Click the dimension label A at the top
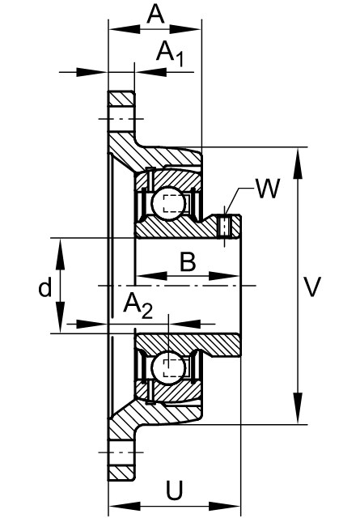pos(155,15)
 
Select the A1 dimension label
pos(170,53)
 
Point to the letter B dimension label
pos(188,261)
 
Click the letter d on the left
pos(45,287)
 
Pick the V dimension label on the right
pos(312,287)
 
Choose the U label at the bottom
pos(174,490)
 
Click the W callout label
pos(268,189)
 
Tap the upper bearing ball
pos(168,202)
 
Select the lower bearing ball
pos(168,367)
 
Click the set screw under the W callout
pos(225,226)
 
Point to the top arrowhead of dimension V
pos(298,163)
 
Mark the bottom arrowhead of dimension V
pos(298,408)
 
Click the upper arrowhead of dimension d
pos(60,253)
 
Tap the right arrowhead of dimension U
pos(225,506)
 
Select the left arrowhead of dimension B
pos(151,276)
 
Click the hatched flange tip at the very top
pos(121,99)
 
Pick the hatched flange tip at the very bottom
pos(121,473)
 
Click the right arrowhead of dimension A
pos(185,29)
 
